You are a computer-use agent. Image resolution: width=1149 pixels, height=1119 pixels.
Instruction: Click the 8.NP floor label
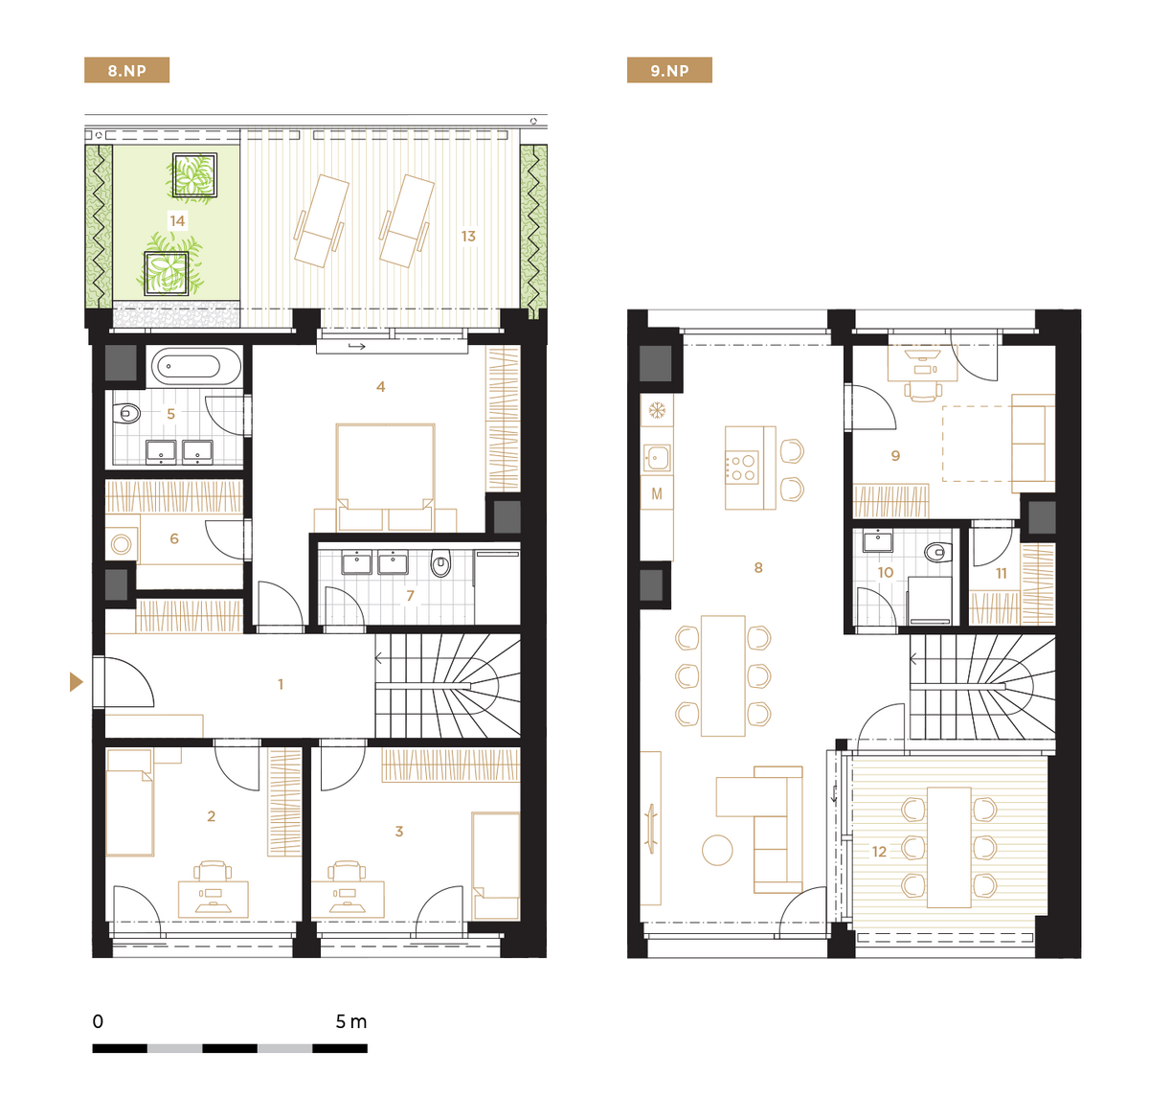(126, 70)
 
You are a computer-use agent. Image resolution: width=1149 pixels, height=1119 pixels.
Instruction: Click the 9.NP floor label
(669, 70)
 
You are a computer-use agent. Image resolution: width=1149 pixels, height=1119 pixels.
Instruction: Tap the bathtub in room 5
(196, 366)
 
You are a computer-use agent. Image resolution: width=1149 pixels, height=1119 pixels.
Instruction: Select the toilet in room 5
(128, 412)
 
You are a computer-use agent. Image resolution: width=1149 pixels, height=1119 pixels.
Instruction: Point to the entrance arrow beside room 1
(77, 682)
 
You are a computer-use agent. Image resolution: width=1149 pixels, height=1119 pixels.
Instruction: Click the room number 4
(381, 386)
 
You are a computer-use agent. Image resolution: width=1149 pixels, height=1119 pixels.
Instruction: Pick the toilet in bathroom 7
(440, 563)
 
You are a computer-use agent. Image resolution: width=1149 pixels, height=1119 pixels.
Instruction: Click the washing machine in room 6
(122, 544)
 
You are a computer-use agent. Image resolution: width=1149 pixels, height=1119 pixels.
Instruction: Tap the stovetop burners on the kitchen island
(742, 468)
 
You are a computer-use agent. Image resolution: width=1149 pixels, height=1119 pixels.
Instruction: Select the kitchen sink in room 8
(656, 457)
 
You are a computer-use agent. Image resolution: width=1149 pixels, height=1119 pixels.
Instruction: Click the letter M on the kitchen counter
(657, 494)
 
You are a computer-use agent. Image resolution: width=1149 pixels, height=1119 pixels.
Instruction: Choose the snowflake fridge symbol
(657, 410)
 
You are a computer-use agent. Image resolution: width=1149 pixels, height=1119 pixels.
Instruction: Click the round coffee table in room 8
(717, 850)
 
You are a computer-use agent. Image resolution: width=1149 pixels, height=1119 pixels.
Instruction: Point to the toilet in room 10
(937, 553)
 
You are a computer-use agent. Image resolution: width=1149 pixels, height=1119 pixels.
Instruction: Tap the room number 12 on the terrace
(879, 852)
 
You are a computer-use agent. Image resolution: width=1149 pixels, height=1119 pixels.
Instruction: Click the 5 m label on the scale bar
(351, 1021)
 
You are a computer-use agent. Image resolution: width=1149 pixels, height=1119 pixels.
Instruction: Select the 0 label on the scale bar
(98, 1021)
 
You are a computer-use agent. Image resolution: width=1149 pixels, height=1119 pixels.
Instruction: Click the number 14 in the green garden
(177, 221)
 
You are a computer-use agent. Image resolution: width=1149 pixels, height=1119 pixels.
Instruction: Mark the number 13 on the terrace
(468, 237)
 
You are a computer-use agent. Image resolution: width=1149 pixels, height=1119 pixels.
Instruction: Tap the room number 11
(1001, 573)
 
